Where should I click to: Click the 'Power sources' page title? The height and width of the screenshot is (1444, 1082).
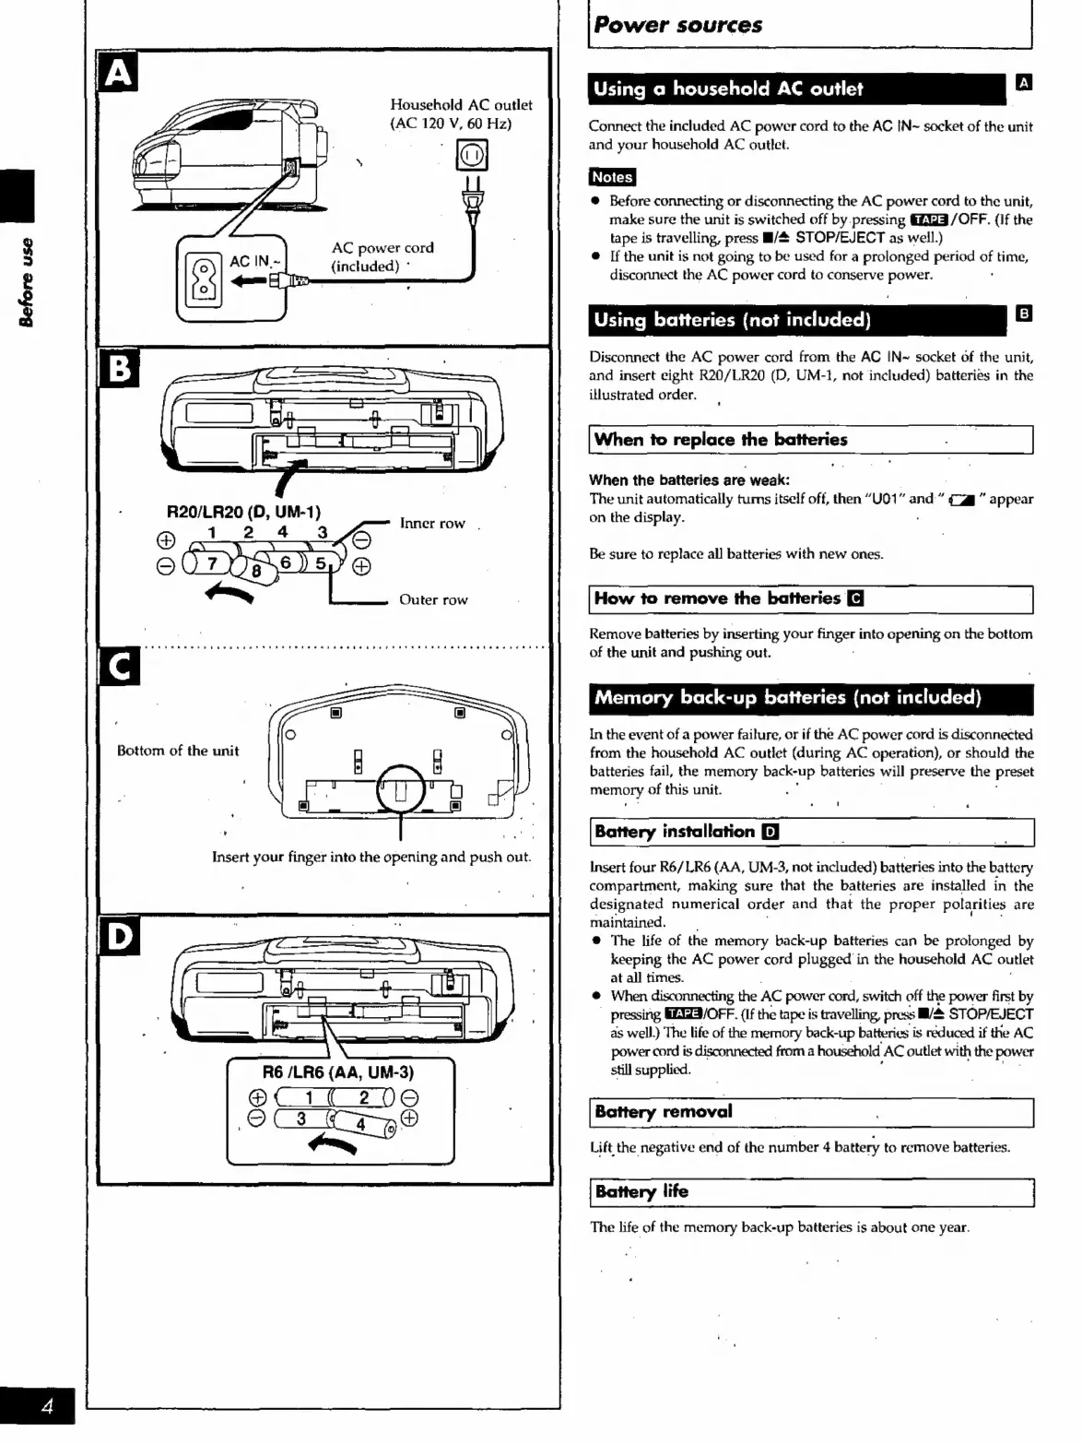pyautogui.click(x=677, y=25)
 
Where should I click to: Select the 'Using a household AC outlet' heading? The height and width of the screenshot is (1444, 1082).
pyautogui.click(x=728, y=89)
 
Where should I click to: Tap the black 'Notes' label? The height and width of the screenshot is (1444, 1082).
pyautogui.click(x=612, y=177)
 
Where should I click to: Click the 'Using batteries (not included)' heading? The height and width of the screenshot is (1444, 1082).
pyautogui.click(x=732, y=320)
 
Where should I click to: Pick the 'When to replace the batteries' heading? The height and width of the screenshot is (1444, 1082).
pyautogui.click(x=720, y=440)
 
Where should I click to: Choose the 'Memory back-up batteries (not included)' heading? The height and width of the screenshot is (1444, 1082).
pyautogui.click(x=787, y=698)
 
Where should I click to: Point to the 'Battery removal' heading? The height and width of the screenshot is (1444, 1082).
pyautogui.click(x=664, y=1112)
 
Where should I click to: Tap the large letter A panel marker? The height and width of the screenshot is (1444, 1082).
pyautogui.click(x=117, y=73)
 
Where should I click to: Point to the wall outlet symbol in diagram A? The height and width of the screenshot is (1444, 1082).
pyautogui.click(x=472, y=156)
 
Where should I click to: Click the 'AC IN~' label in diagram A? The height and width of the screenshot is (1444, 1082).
pyautogui.click(x=249, y=262)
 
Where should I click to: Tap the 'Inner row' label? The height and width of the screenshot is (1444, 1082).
pyautogui.click(x=432, y=523)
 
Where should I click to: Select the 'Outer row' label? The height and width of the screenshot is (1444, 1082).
pyautogui.click(x=433, y=599)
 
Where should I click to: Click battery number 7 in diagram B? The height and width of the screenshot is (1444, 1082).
pyautogui.click(x=211, y=562)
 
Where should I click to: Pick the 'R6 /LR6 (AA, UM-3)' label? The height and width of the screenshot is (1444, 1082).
pyautogui.click(x=338, y=1072)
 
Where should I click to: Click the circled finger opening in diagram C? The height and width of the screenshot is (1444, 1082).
pyautogui.click(x=400, y=790)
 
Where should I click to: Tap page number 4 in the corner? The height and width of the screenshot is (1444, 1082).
pyautogui.click(x=47, y=1406)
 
